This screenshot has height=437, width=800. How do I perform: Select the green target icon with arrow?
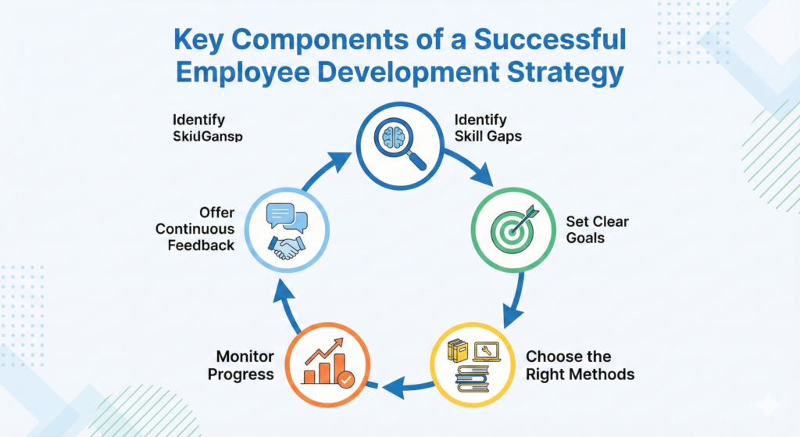click(510, 227)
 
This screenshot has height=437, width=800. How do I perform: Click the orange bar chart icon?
click(326, 362)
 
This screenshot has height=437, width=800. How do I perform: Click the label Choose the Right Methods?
click(579, 365)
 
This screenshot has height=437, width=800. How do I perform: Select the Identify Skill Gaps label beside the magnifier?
click(488, 127)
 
